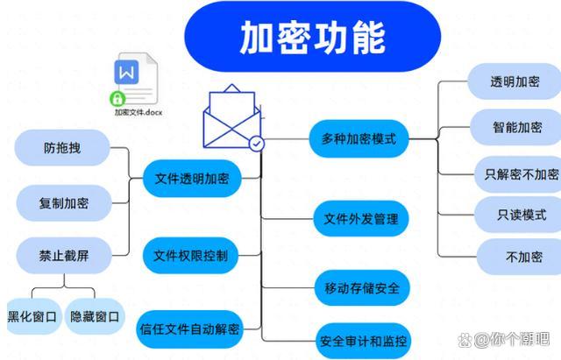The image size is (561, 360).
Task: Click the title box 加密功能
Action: click(311, 36)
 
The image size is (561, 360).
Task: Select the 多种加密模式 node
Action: click(359, 138)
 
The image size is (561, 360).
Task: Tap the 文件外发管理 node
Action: click(361, 218)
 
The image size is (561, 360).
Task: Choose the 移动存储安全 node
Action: click(361, 287)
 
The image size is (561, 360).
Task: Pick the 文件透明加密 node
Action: click(191, 179)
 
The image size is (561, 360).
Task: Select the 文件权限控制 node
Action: click(190, 256)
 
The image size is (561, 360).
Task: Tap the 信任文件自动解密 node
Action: click(188, 330)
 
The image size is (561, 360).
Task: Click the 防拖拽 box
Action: click(62, 148)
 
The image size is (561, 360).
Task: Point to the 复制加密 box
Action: click(64, 203)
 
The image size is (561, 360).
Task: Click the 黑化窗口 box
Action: click(32, 316)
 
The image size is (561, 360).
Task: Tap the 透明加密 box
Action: click(515, 82)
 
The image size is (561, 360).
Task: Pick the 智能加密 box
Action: click(516, 127)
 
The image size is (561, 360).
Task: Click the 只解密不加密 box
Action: click(519, 173)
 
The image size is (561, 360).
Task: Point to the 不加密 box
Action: click(518, 258)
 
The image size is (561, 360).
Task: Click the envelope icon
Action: click(231, 117)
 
